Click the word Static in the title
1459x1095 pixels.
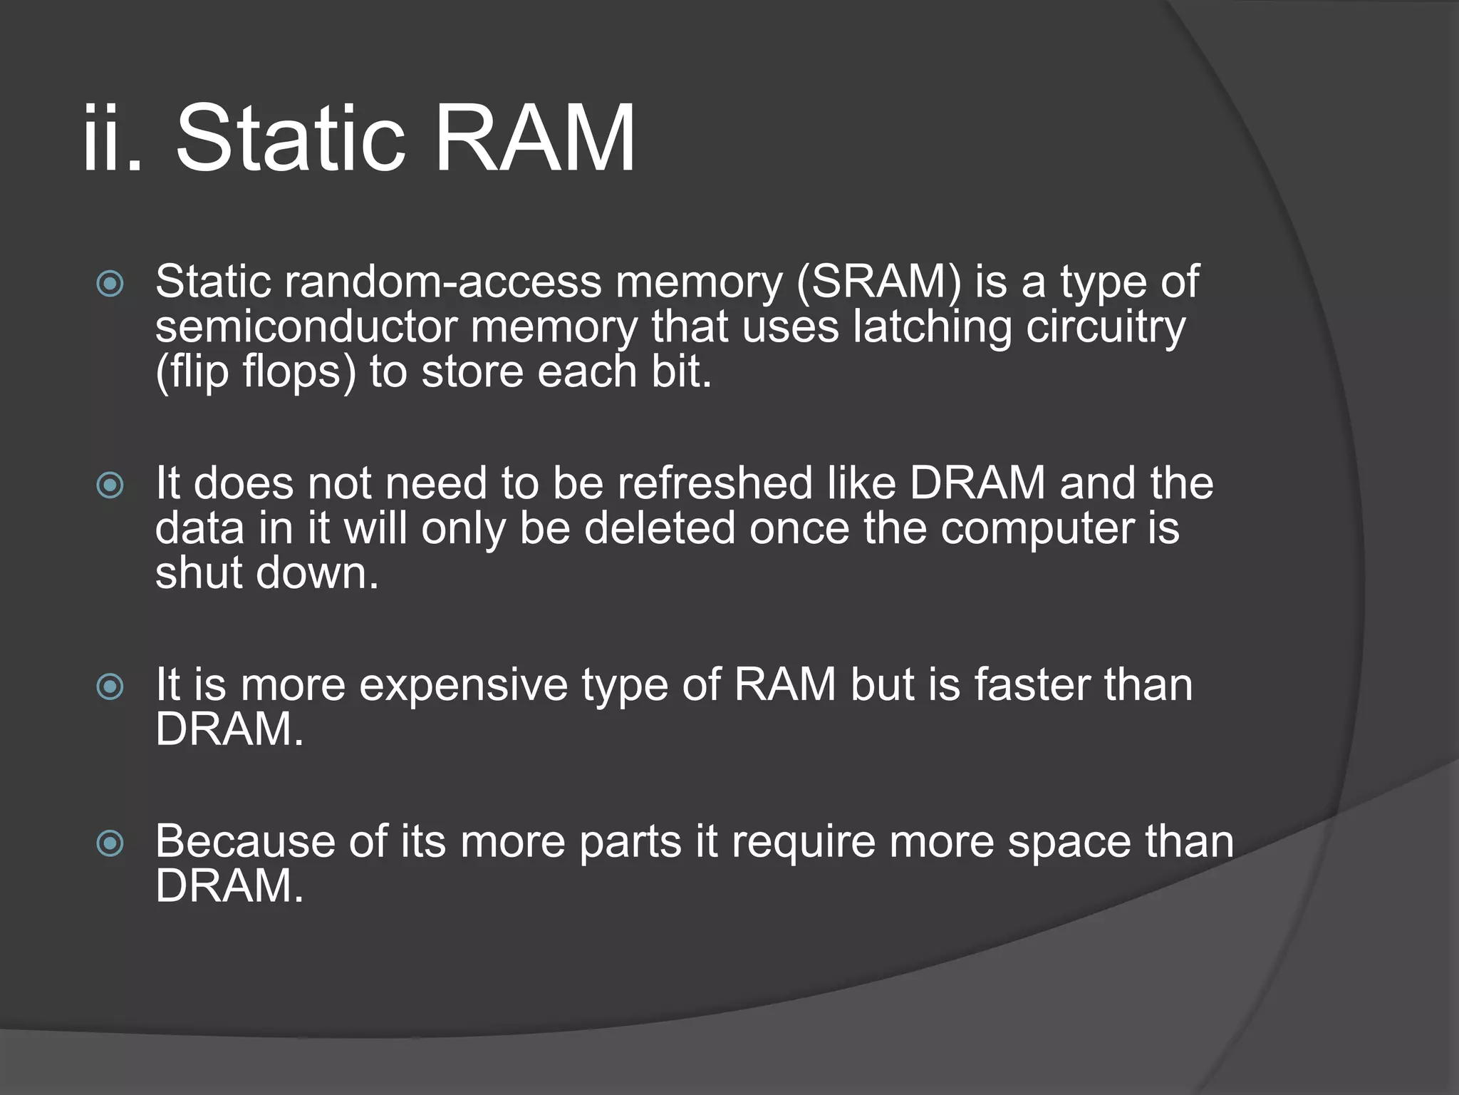290,138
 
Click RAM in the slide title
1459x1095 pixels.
534,138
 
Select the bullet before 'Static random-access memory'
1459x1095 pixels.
110,284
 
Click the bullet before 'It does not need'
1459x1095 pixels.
110,486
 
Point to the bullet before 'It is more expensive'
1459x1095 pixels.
110,687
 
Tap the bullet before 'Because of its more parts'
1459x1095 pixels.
110,844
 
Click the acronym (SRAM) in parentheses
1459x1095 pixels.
878,282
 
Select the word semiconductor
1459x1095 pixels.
306,327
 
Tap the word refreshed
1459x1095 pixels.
715,484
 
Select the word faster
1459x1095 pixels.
1032,686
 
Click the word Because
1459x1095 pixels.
245,842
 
